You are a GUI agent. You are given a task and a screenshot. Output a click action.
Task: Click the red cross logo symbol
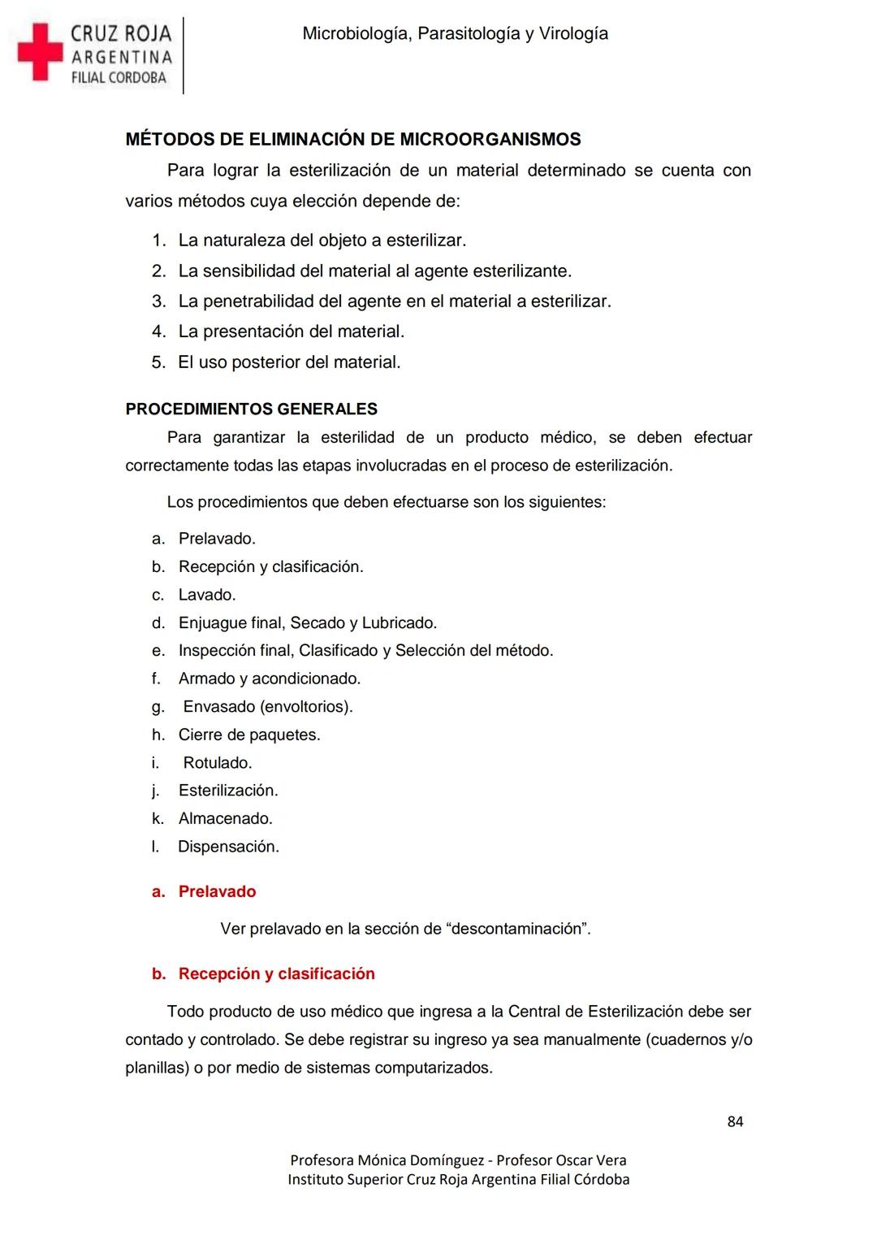pyautogui.click(x=41, y=52)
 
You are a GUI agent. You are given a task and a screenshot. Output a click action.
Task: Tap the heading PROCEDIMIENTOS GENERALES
pyautogui.click(x=252, y=409)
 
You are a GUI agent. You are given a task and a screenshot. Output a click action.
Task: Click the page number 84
pyautogui.click(x=735, y=1122)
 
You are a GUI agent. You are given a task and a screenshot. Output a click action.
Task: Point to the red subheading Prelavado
pyautogui.click(x=217, y=892)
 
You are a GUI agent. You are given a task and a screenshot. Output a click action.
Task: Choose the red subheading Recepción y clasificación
pyautogui.click(x=276, y=974)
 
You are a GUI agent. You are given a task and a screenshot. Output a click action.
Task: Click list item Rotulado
pyautogui.click(x=218, y=763)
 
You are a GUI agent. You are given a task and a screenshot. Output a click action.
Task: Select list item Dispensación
pyautogui.click(x=228, y=847)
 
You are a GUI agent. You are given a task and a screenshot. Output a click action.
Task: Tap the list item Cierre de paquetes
pyautogui.click(x=249, y=735)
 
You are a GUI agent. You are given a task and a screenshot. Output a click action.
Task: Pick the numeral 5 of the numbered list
pyautogui.click(x=158, y=362)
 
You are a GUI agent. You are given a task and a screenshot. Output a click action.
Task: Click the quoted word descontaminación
pyautogui.click(x=519, y=929)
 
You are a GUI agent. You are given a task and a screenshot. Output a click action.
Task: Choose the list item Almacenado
pyautogui.click(x=226, y=819)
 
